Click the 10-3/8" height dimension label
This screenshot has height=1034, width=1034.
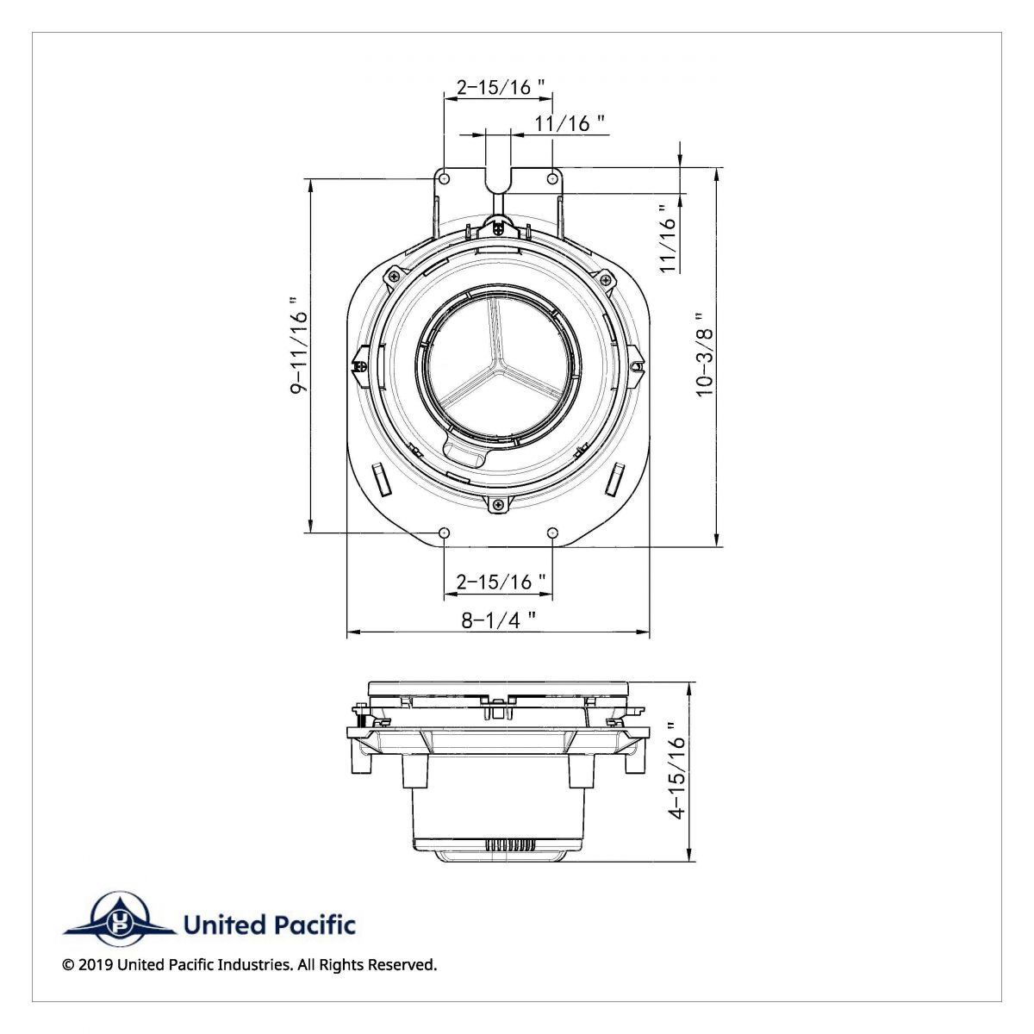(706, 354)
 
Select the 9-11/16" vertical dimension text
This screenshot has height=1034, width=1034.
(298, 346)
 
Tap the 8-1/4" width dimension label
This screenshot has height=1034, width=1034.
(498, 620)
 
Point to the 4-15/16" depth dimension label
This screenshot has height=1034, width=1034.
(678, 770)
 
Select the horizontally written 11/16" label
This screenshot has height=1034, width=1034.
(570, 123)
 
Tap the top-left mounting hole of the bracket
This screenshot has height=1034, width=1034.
(444, 178)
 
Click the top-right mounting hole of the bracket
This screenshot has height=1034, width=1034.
(552, 178)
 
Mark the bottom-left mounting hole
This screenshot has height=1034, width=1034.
(444, 533)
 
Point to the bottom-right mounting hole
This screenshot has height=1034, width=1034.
(552, 533)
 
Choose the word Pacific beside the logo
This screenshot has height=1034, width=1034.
(315, 925)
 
